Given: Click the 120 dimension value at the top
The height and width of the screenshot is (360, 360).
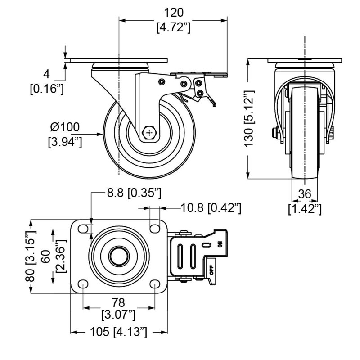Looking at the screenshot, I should pos(174,12).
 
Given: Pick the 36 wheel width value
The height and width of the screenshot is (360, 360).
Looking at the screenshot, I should pos(305,194).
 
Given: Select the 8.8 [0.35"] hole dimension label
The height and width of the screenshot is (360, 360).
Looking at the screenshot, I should pos(134,194).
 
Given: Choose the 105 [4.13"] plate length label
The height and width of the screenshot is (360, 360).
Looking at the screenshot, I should pos(118,332).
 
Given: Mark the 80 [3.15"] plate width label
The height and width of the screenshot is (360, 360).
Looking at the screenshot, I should pos(30,256).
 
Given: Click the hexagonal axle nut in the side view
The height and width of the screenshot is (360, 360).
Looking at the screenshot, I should pos(149,133).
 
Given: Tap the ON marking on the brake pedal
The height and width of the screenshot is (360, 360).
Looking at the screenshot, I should pos(220,244).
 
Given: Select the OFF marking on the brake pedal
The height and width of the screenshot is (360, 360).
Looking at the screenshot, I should pos(211,270).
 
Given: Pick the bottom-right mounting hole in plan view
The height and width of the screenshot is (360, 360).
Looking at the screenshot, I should pos(153,284).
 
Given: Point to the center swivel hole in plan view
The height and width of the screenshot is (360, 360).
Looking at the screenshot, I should pos(119,256).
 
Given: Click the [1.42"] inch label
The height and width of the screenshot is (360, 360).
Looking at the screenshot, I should pos(305,208).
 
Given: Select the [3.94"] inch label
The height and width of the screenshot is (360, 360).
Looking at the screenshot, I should pos(65,143).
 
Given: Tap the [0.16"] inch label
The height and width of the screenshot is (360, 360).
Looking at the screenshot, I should pos(47,90).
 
